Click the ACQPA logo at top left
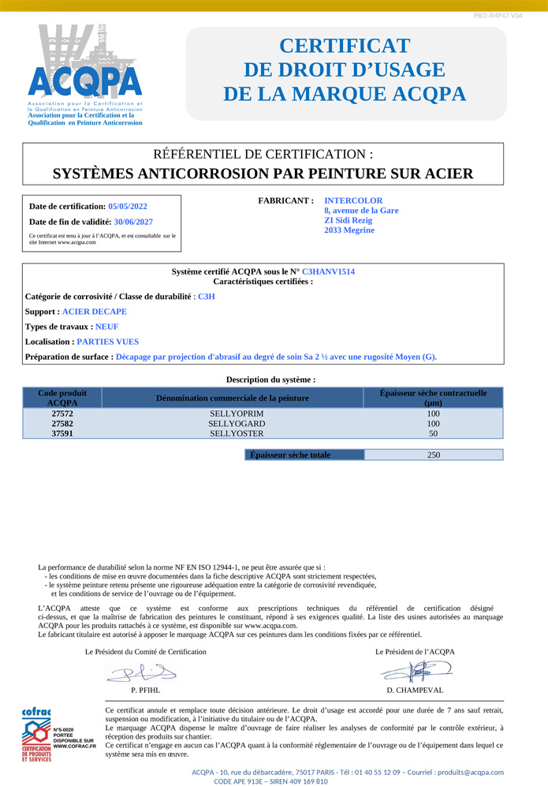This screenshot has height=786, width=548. (x=85, y=73)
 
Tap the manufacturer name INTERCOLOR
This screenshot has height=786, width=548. (x=353, y=201)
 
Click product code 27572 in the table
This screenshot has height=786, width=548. (x=62, y=414)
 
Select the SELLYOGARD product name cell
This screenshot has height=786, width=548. (x=233, y=424)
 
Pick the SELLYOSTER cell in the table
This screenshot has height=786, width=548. (x=233, y=434)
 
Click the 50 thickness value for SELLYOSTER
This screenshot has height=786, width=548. (x=433, y=434)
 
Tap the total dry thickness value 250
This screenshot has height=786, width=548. (x=433, y=455)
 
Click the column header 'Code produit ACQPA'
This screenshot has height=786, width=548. (x=62, y=398)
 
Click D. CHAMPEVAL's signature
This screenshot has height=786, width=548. (x=416, y=672)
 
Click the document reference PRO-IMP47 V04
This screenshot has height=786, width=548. (x=498, y=16)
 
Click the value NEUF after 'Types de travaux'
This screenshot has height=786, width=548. (x=106, y=326)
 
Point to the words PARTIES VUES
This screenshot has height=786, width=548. (x=107, y=342)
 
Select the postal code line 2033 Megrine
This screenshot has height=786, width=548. (x=349, y=230)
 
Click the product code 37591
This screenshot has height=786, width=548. (x=62, y=434)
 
